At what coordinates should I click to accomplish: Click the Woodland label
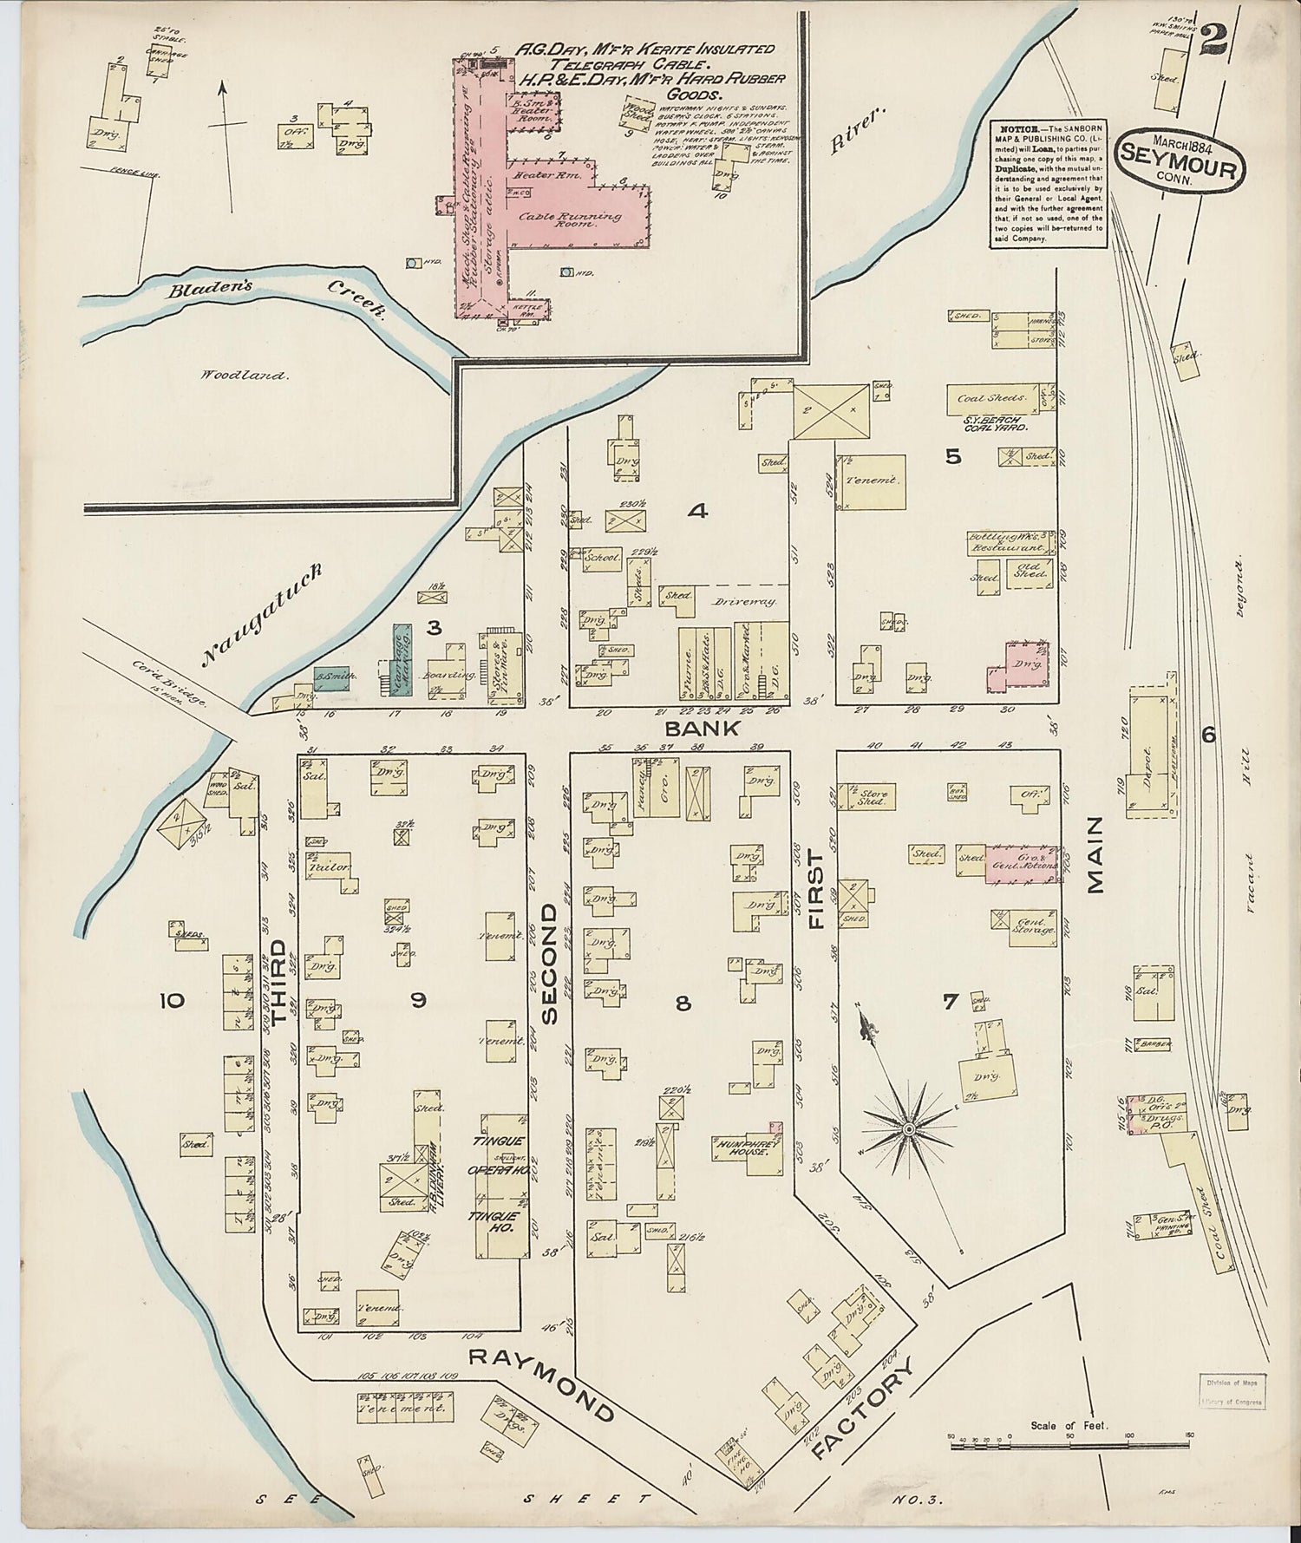[x=245, y=376]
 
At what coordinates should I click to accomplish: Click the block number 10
[x=172, y=1001]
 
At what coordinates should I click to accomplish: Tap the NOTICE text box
[x=1049, y=185]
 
